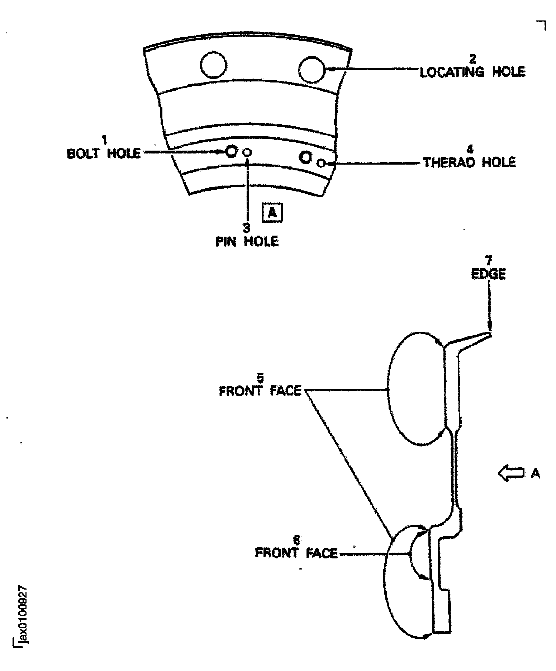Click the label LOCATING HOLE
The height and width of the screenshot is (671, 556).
[x=472, y=72]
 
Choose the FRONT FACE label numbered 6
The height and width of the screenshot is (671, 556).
[x=296, y=553]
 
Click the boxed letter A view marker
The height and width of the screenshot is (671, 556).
[x=272, y=212]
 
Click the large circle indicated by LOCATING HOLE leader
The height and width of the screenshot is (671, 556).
[x=312, y=70]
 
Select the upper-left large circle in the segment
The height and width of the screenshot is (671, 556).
[x=214, y=65]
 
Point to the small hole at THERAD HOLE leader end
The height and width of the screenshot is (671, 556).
[x=321, y=164]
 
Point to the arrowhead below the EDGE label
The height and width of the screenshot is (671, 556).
[x=489, y=329]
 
